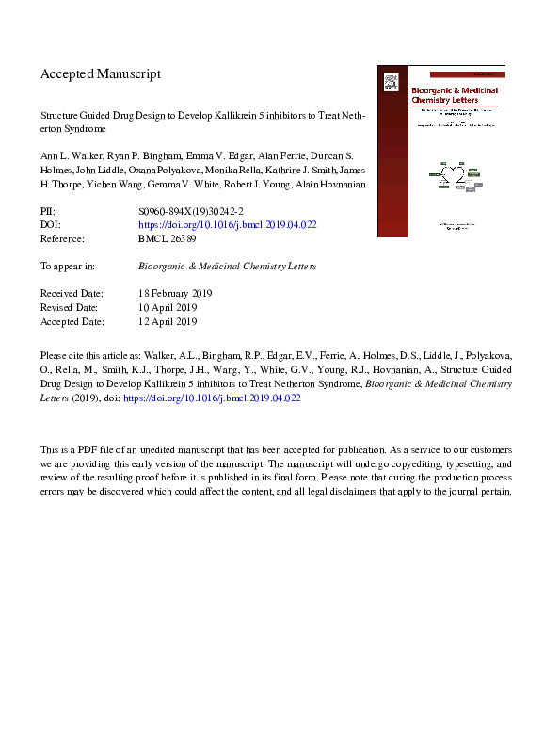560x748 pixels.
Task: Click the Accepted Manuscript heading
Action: point(101,73)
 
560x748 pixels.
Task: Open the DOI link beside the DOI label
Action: point(227,226)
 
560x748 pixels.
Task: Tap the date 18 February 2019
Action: point(175,294)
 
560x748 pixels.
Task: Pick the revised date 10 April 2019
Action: point(167,308)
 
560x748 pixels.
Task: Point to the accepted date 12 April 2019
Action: point(167,321)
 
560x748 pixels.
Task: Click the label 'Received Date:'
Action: point(73,294)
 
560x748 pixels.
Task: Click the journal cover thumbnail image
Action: point(440,151)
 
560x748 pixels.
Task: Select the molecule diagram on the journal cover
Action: point(456,177)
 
